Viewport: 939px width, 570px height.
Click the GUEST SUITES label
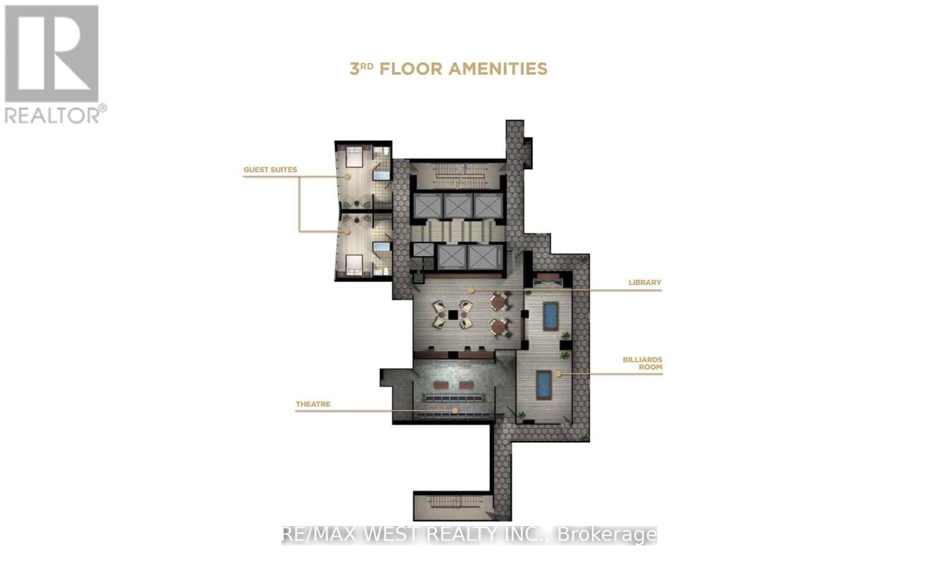[270, 170]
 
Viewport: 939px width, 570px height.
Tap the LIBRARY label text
[644, 282]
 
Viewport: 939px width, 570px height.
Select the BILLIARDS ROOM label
[642, 363]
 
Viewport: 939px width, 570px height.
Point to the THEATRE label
[313, 404]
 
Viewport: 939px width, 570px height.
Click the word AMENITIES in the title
[498, 69]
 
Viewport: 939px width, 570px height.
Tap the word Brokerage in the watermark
[606, 535]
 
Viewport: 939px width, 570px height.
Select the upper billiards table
[550, 316]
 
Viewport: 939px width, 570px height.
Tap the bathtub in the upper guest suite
[381, 175]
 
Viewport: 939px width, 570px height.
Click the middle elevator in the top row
[458, 205]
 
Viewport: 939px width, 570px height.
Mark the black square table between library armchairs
[453, 315]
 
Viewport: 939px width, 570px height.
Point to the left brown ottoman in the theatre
[441, 385]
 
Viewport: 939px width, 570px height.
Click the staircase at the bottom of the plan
[452, 504]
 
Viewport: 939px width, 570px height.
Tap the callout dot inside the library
[471, 290]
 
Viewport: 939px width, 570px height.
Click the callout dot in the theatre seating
[455, 410]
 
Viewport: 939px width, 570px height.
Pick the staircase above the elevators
[457, 174]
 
